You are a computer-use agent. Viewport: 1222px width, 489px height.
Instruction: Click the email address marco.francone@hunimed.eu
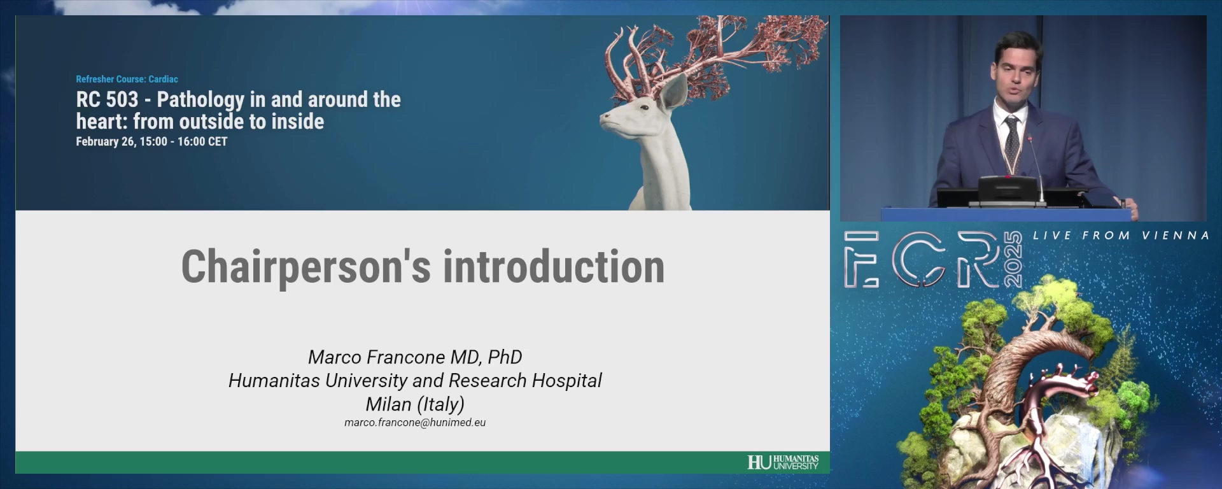click(415, 423)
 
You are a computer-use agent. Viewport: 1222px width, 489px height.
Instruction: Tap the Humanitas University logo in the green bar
click(783, 462)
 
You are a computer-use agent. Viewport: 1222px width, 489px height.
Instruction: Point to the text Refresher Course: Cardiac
click(127, 79)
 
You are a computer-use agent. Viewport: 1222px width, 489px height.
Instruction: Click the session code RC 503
click(107, 99)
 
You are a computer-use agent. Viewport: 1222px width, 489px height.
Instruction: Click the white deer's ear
click(673, 94)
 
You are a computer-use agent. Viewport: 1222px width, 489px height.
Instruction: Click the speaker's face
click(1016, 76)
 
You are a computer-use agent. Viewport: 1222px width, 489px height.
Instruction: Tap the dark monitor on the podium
click(1008, 190)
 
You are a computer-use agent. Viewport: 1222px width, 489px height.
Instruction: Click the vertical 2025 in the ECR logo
click(1013, 260)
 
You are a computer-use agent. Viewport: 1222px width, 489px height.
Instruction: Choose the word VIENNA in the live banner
click(1175, 236)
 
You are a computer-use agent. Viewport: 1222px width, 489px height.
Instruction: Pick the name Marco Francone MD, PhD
click(415, 357)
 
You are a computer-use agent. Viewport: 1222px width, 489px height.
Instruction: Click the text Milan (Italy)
click(415, 404)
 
